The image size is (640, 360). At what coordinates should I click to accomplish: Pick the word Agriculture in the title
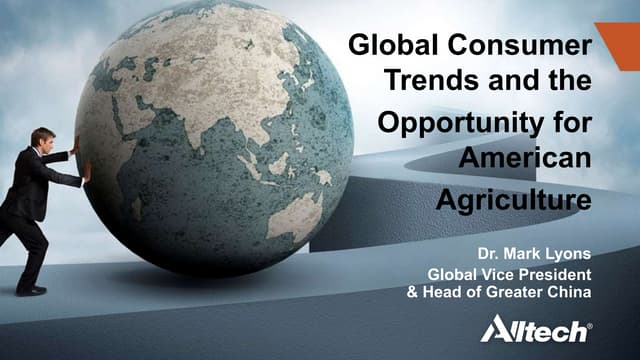click(513, 199)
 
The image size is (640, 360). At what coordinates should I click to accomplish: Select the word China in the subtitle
click(569, 292)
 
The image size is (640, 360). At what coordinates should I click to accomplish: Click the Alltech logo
click(536, 329)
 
